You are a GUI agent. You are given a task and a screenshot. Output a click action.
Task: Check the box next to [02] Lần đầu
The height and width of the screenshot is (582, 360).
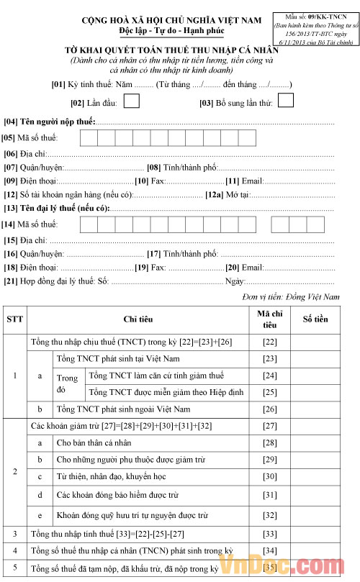[x=131, y=102]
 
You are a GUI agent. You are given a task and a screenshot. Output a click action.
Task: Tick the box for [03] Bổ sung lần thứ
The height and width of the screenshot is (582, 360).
[x=286, y=101]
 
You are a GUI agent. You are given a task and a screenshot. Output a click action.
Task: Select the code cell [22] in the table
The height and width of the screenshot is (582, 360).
[x=270, y=342]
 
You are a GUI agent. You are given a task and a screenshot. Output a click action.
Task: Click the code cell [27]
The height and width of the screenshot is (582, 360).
[x=270, y=427]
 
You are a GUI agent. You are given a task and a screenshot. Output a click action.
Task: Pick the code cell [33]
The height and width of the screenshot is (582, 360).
[x=270, y=534]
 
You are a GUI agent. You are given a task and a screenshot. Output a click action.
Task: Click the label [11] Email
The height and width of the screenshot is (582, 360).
[x=245, y=181]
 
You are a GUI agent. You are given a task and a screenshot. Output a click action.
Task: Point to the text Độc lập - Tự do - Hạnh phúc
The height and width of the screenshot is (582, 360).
[x=171, y=32]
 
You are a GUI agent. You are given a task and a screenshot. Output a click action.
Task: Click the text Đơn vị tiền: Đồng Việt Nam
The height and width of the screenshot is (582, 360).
[x=291, y=296]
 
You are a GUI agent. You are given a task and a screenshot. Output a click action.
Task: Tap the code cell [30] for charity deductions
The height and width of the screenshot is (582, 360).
[x=270, y=477]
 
